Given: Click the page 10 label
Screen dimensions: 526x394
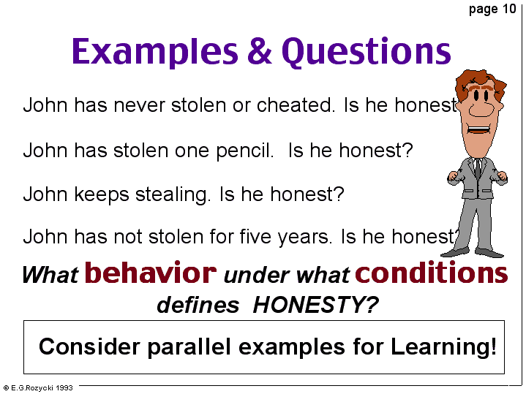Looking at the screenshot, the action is coord(492,10).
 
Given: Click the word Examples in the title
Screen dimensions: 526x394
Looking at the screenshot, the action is coord(155,52).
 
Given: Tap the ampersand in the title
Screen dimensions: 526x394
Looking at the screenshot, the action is coord(260,50).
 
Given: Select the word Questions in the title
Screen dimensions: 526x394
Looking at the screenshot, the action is coord(367,51).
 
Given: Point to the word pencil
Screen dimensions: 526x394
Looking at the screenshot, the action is coord(244,151).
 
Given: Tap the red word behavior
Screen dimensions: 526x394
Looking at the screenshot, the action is coord(151,272).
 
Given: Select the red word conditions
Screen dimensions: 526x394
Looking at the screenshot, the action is coord(432,272).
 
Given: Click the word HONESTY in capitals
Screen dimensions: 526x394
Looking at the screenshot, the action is coord(315,305).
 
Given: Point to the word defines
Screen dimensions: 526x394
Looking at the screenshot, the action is coord(198,305).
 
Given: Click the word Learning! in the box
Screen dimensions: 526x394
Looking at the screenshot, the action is coord(443,346).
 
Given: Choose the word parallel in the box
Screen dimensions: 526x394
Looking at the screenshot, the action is coord(189,346).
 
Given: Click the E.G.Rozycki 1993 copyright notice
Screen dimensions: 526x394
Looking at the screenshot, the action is coord(38,388).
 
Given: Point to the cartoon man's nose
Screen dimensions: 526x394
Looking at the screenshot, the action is coord(481,108).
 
